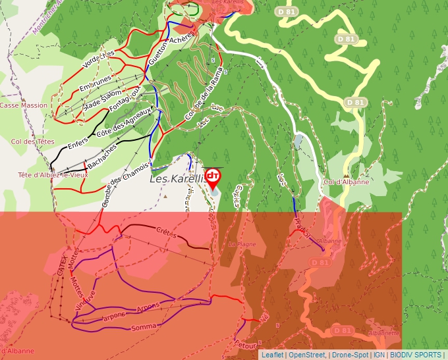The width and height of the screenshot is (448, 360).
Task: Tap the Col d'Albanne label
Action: click(346, 182)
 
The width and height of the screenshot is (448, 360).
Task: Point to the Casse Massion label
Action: click(24, 105)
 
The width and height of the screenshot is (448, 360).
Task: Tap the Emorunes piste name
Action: click(95, 84)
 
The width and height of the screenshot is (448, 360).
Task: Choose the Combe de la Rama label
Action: click(201, 100)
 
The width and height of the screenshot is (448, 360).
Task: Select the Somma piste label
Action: click(144, 327)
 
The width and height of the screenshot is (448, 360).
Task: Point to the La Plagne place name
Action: click(241, 244)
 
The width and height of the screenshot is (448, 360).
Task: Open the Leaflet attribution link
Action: click(272, 355)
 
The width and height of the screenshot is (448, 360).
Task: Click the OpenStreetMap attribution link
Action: click(306, 355)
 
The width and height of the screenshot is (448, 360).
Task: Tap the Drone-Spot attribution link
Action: click(350, 355)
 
